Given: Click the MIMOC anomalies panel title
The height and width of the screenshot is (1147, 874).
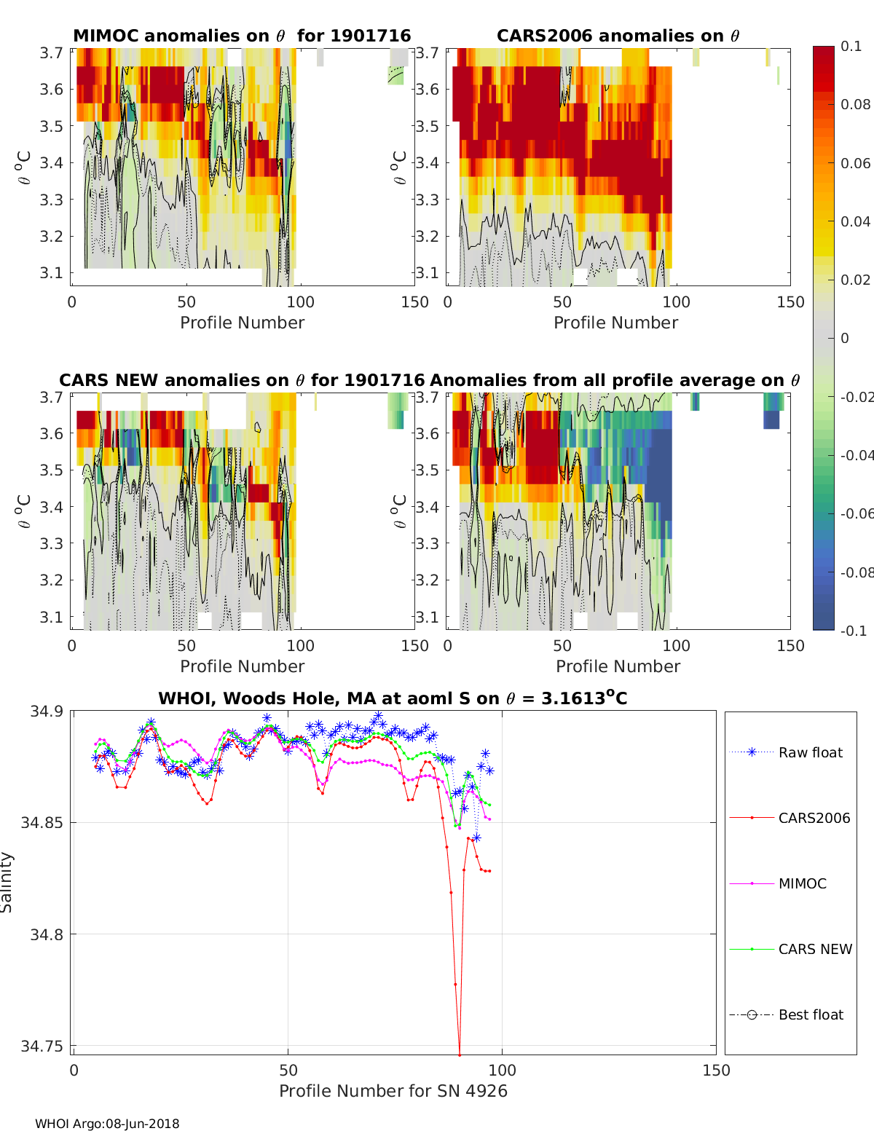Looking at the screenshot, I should click(242, 36).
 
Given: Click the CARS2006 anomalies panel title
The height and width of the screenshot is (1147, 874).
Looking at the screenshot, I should click(618, 36).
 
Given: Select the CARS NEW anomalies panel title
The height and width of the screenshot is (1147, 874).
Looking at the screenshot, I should click(241, 380).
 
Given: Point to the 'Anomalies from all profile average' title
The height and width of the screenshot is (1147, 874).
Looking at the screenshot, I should click(615, 380).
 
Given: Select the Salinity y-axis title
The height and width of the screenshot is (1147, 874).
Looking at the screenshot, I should click(7, 882).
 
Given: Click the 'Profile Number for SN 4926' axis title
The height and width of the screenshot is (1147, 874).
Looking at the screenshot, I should click(393, 1091).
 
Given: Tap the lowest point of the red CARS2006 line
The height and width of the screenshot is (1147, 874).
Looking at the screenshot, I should click(460, 1054).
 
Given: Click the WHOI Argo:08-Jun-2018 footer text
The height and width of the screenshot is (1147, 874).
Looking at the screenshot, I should click(107, 1124).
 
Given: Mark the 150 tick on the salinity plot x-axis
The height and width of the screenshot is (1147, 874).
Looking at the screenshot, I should click(716, 1071).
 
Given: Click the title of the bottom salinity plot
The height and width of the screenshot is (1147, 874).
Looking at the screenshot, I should click(393, 698).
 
